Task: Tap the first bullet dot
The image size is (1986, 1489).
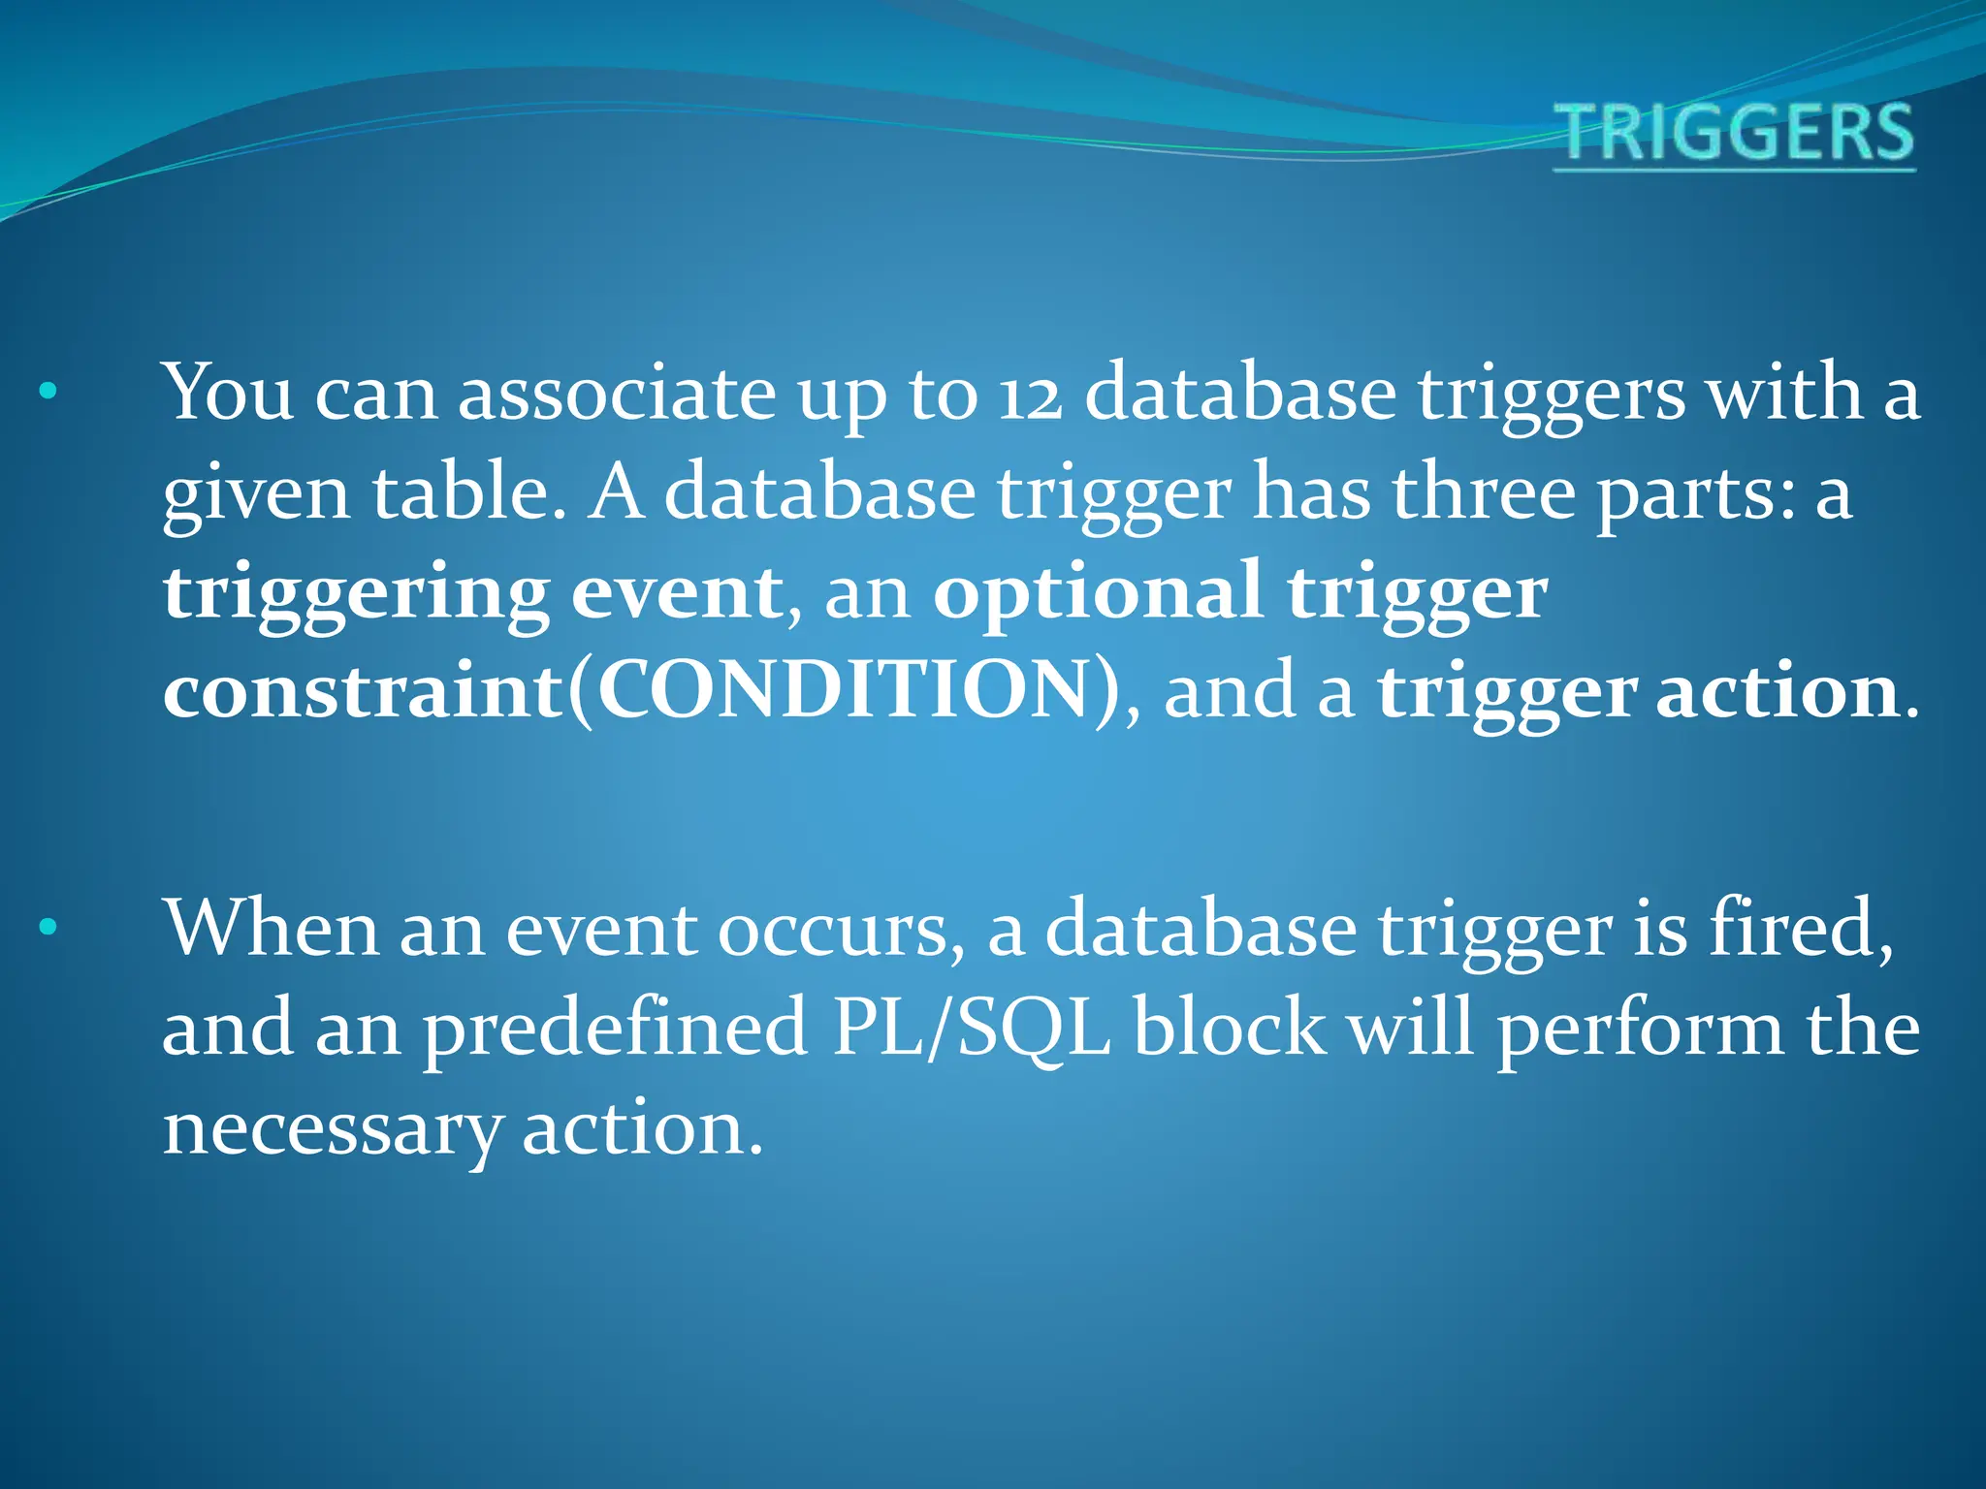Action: coord(48,394)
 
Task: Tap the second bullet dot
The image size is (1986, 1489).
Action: coord(48,929)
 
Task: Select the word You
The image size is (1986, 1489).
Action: coord(228,393)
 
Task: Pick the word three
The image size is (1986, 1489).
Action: coord(1484,492)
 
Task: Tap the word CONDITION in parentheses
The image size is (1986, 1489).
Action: coord(844,692)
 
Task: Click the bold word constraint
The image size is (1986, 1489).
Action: coord(363,692)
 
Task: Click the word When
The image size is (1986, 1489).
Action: coord(271,929)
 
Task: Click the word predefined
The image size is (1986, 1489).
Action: coord(616,1030)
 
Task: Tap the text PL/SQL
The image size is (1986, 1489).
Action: coord(971,1030)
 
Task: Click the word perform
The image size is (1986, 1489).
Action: coord(1640,1030)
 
